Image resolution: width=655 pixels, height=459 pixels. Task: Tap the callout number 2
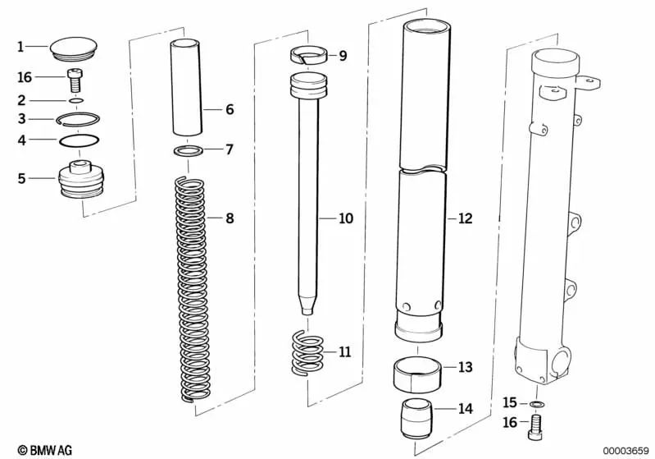click(x=22, y=100)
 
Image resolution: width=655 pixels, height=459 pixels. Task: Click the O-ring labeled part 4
click(x=80, y=140)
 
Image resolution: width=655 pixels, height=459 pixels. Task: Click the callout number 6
click(x=230, y=109)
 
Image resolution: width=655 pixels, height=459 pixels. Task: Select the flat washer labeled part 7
click(x=191, y=151)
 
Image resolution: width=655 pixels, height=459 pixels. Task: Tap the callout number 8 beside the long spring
click(x=230, y=218)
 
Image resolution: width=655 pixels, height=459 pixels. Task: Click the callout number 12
click(x=465, y=219)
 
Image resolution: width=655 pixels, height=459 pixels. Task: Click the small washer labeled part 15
click(x=536, y=405)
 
